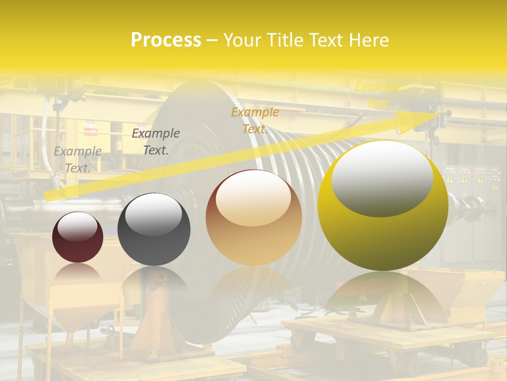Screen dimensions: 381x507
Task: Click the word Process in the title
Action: coord(166,40)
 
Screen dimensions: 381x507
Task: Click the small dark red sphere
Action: coord(78,237)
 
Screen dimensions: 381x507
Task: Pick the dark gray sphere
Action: coord(154,230)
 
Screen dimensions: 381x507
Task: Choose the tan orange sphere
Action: coord(253,218)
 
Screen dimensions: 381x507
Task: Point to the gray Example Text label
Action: coord(78,159)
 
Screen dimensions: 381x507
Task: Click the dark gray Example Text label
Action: coord(156,141)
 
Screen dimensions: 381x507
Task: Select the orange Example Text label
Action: coord(255,120)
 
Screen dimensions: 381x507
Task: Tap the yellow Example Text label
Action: coord(378,95)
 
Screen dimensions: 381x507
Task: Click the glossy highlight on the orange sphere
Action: coord(253,197)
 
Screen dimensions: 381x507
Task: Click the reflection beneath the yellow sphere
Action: coord(383,296)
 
